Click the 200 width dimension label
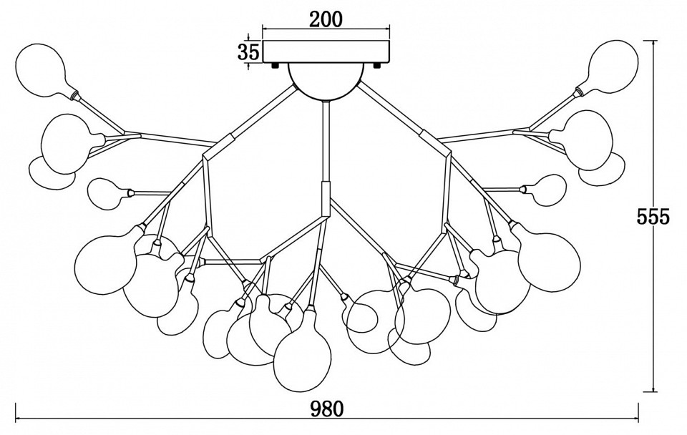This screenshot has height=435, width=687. tap(326, 19)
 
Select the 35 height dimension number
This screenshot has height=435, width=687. tap(248, 52)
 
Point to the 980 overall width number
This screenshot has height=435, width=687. tap(327, 409)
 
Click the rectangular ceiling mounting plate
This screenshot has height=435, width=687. tap(326, 52)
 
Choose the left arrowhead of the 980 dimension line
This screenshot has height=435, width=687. tap(19, 419)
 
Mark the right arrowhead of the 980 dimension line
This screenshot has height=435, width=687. tap(635, 419)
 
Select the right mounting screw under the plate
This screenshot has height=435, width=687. tap(377, 66)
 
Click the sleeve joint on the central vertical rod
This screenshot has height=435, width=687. tap(326, 197)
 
